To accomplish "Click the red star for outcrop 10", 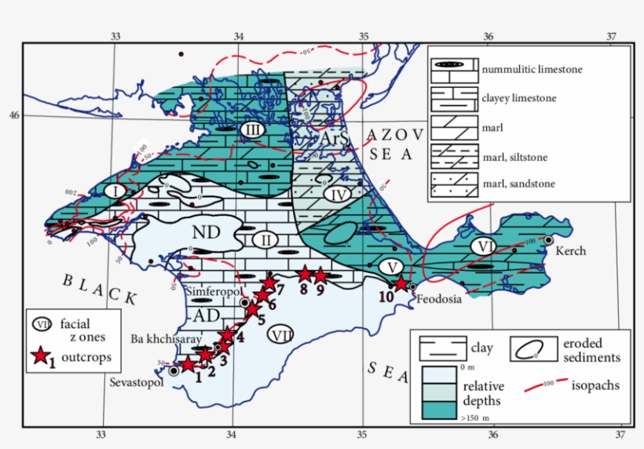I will pos(401,283).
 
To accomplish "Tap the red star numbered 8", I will pos(304,274).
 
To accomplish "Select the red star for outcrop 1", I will pos(188,364).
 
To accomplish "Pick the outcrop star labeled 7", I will pos(269,283).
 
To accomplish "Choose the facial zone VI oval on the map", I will pos(483,246).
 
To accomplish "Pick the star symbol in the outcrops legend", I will pos(40,358).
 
